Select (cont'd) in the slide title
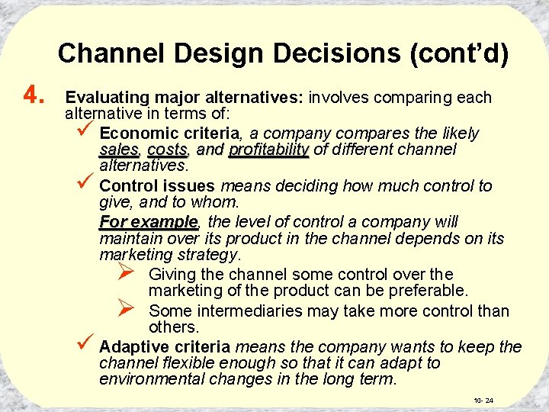point(460,53)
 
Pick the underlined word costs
point(167,150)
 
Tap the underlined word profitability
point(268,150)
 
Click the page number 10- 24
point(483,401)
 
